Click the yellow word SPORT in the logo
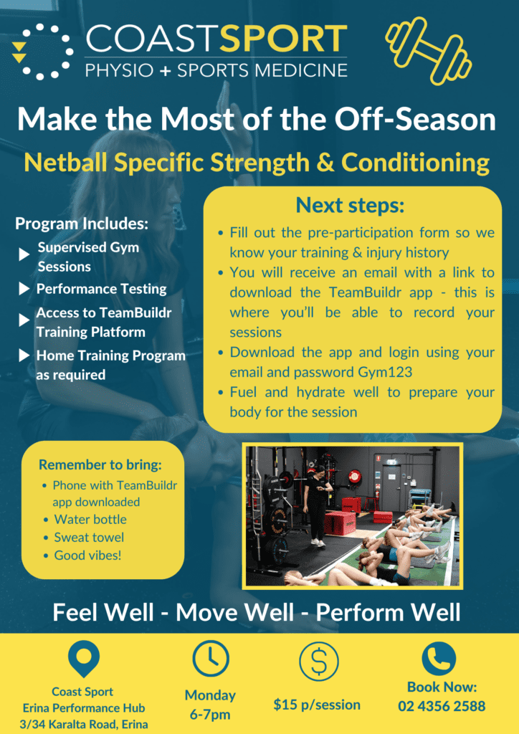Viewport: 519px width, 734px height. point(283,40)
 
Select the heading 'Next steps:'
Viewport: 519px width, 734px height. point(351,206)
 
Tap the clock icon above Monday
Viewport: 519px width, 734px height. point(211,658)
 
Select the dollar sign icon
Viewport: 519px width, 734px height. point(318,659)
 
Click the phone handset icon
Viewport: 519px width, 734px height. point(438,658)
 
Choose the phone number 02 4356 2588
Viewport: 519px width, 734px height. point(442,706)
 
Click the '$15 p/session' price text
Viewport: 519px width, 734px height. point(317,704)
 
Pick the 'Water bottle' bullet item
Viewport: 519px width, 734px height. point(90,519)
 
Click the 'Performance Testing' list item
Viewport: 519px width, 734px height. point(102,289)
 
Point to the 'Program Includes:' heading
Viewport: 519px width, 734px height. point(82,224)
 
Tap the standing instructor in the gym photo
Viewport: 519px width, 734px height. point(316,502)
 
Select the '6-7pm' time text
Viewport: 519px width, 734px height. point(210,715)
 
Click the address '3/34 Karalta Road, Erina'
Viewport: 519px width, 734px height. point(82,724)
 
